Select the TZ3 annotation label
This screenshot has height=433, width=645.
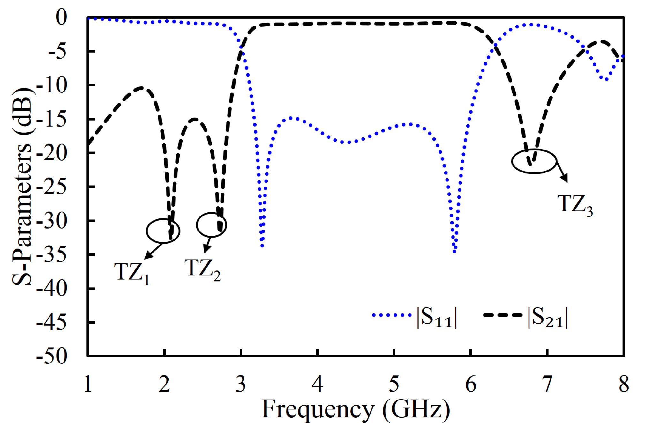point(575,205)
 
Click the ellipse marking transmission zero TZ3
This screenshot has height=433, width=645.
point(534,161)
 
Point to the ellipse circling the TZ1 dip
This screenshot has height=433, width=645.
point(163,231)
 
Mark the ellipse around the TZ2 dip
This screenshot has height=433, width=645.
point(211,225)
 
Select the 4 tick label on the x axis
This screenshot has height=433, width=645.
point(317,384)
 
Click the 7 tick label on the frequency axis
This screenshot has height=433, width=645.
point(547,384)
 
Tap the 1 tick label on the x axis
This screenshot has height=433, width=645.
point(88,384)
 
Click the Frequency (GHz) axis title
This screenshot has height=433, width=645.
point(356,410)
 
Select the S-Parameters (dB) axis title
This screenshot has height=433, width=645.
point(22,187)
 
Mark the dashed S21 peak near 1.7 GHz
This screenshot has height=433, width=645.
point(141,87)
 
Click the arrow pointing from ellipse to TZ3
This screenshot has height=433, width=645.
point(562,172)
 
